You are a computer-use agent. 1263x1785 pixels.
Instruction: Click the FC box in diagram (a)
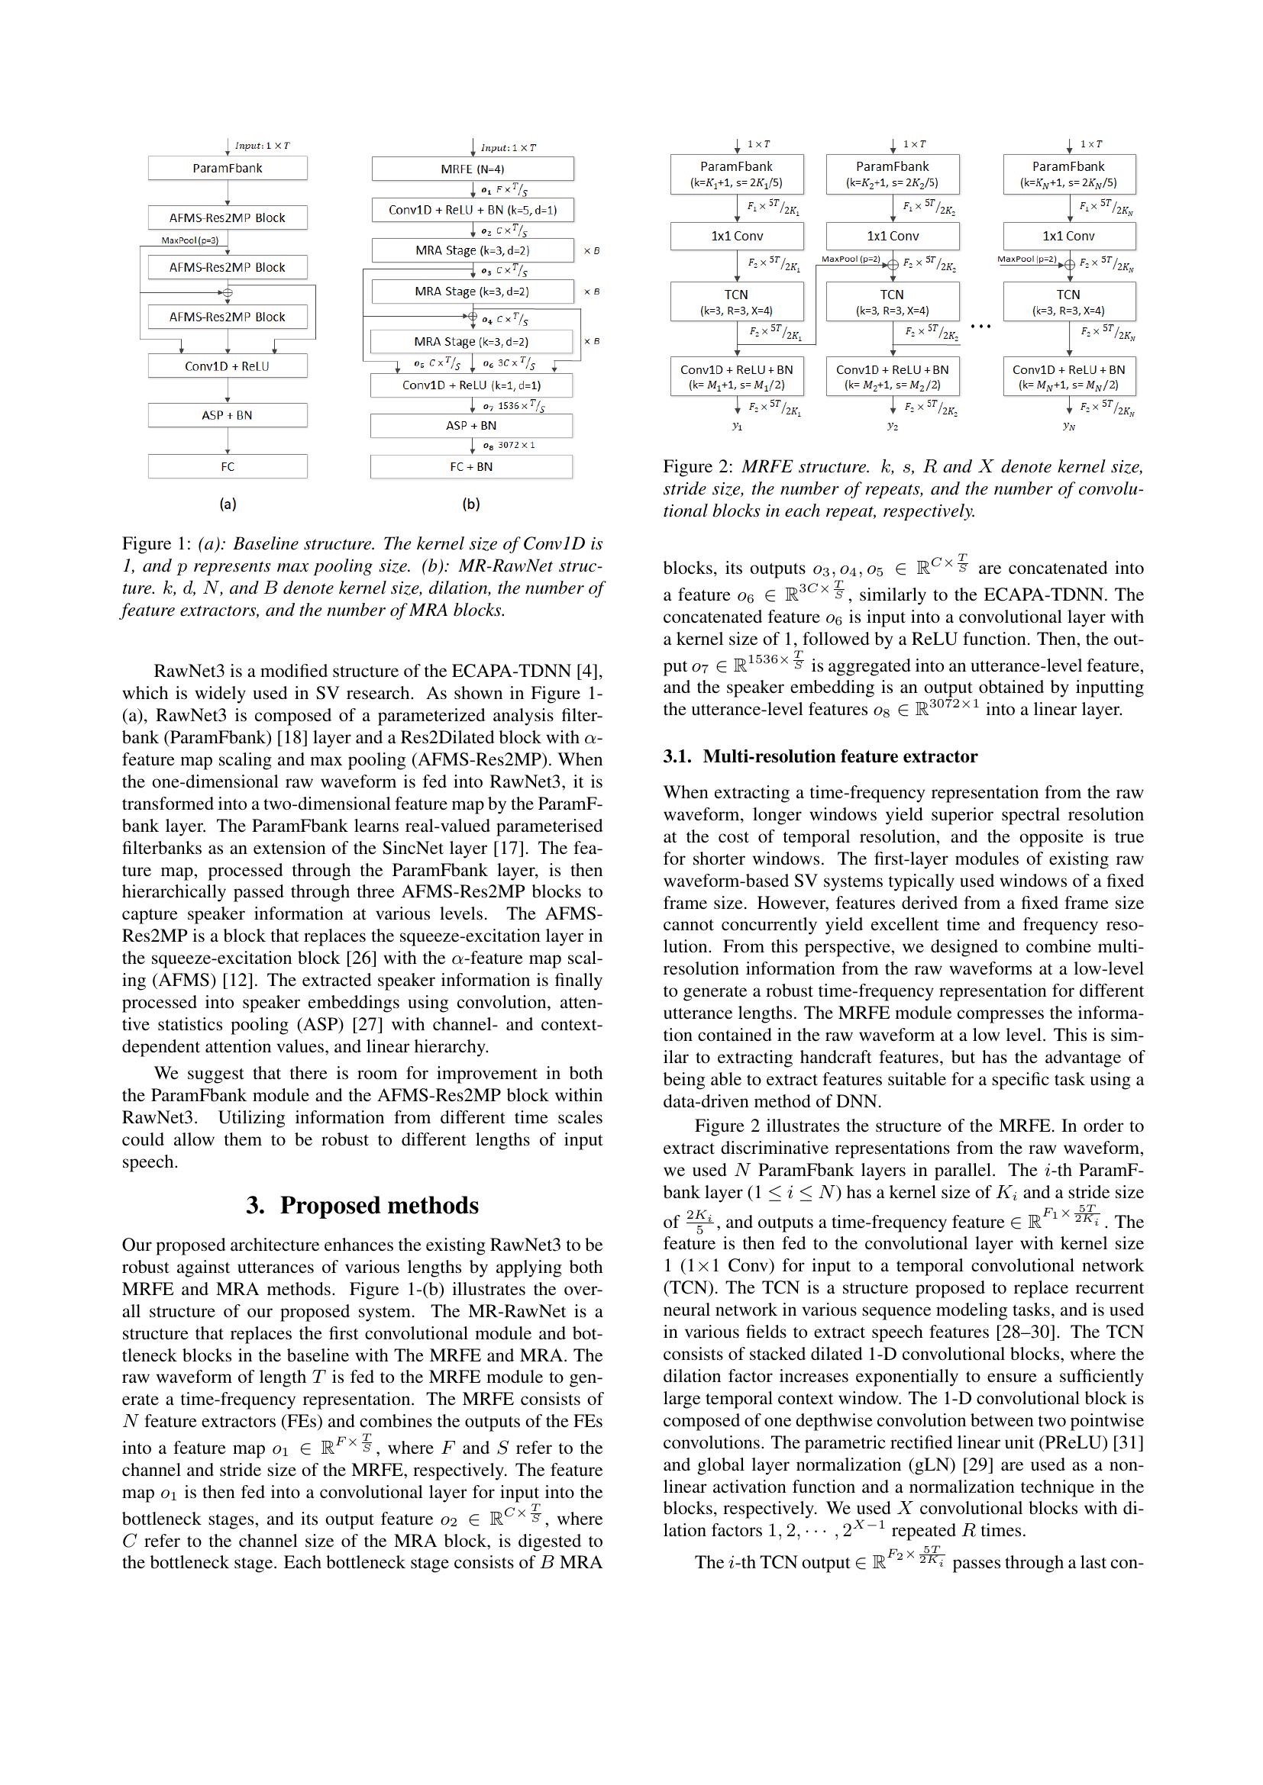point(227,466)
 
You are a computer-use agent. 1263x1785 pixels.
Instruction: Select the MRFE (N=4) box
point(472,169)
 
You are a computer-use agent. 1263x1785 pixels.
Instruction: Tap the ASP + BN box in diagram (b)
point(470,425)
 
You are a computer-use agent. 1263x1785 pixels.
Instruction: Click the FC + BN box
point(470,466)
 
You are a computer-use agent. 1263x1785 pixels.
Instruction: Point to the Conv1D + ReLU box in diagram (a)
point(227,366)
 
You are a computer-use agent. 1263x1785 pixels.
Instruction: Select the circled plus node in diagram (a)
point(227,293)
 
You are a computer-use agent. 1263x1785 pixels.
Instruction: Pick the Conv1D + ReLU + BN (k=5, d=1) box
point(472,210)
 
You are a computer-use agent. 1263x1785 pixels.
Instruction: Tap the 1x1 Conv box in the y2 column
point(892,236)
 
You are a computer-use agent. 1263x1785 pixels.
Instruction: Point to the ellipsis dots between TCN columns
point(980,327)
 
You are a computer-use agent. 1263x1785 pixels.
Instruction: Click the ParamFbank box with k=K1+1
point(736,174)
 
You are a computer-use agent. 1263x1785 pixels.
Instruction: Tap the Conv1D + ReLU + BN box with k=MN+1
point(1068,376)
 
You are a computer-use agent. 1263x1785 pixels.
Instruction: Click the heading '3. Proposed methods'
point(362,1205)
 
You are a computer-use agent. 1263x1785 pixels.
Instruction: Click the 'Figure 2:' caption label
point(698,466)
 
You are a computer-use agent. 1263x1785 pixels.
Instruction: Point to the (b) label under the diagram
point(470,504)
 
